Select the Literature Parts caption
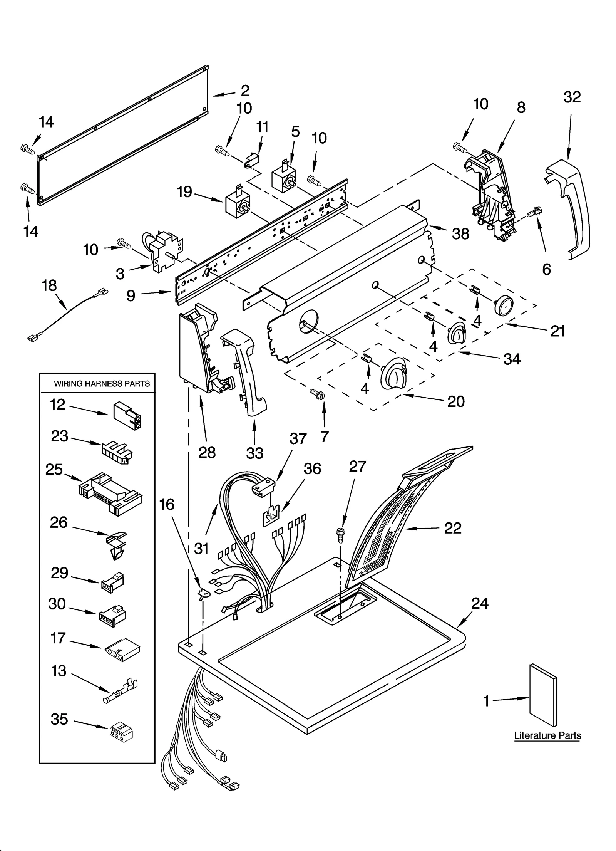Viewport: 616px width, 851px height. [x=547, y=735]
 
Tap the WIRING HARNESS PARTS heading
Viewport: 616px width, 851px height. [x=102, y=384]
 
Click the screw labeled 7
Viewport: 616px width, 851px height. [x=318, y=394]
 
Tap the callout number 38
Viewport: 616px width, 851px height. [x=460, y=233]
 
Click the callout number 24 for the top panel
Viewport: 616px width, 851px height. [x=479, y=603]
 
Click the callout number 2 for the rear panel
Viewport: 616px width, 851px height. [x=245, y=91]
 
